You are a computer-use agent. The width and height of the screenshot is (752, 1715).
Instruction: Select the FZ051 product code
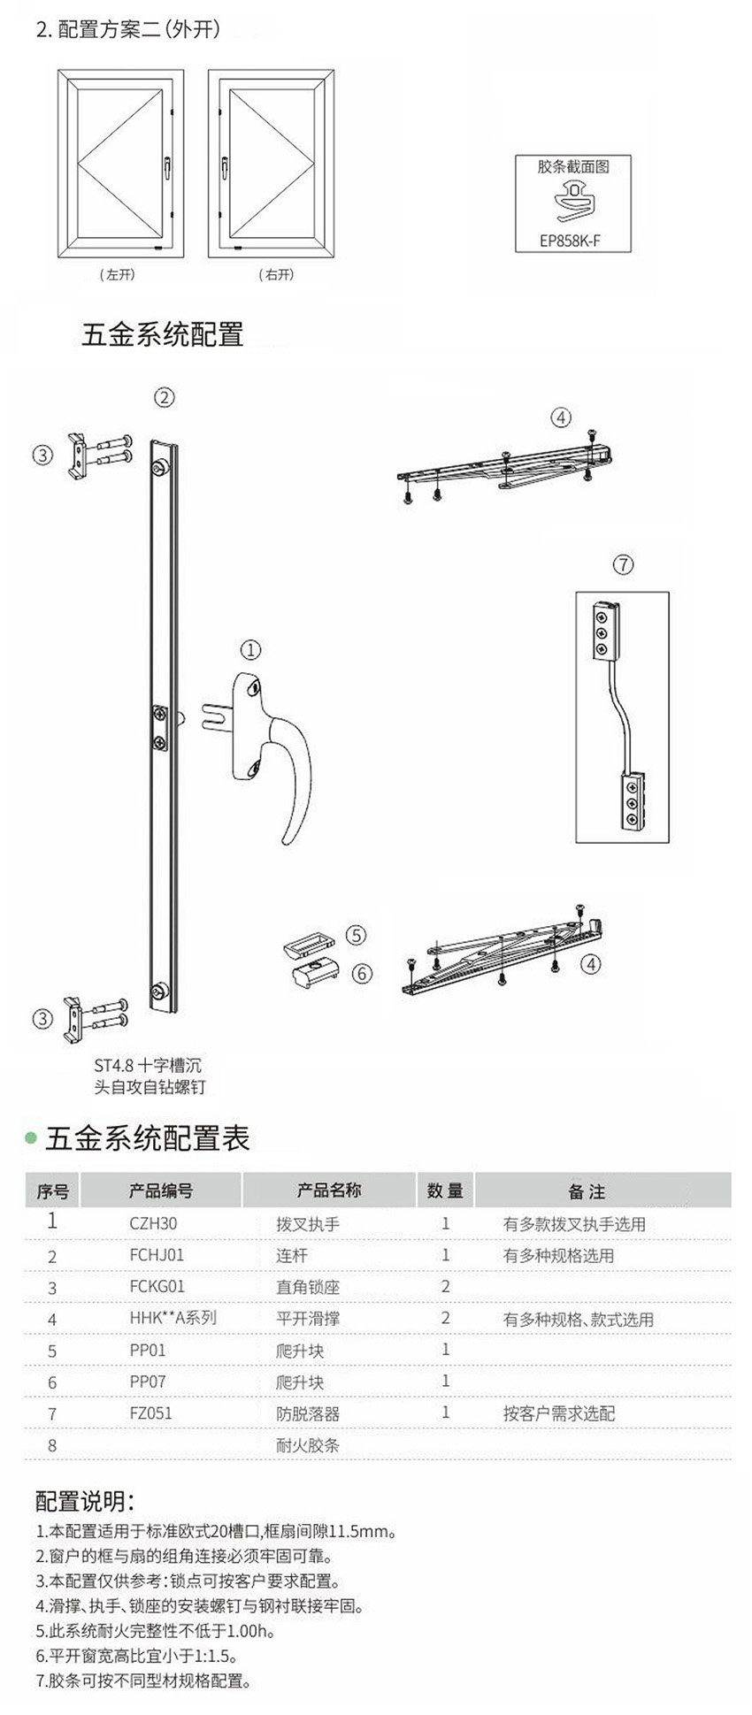tap(150, 1413)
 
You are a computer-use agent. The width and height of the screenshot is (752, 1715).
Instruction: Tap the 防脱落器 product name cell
tap(307, 1413)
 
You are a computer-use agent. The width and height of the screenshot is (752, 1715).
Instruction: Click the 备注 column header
tap(586, 1191)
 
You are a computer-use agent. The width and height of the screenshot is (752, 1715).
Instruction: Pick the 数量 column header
tap(444, 1191)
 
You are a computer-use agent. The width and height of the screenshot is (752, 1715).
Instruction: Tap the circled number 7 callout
tap(623, 563)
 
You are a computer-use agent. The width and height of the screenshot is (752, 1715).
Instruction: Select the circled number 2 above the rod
tap(165, 397)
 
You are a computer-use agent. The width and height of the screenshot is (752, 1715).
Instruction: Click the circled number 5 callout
tap(356, 935)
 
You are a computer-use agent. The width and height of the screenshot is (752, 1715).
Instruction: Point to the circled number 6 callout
tap(362, 974)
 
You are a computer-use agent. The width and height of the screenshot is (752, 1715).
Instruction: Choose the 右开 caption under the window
tap(276, 275)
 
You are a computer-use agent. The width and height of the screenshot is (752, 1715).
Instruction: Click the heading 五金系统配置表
tap(147, 1138)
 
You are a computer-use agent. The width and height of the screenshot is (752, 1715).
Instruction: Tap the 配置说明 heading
tap(84, 1500)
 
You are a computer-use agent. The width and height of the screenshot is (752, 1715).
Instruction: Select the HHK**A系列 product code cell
tap(173, 1317)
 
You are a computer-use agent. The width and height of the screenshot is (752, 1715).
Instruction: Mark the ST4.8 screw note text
tap(149, 1076)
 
